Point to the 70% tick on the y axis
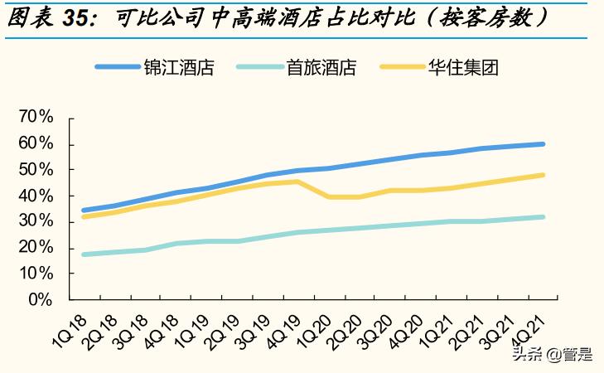point(35,118)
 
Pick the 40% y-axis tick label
point(35,196)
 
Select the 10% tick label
point(35,274)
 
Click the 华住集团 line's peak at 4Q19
point(297,182)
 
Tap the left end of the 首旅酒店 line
point(84,254)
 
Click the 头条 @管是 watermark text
point(551,355)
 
